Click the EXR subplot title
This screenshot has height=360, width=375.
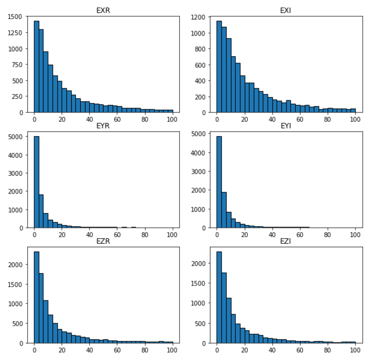103,10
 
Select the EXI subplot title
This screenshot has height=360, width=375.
286,10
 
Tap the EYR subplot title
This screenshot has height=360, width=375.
103,125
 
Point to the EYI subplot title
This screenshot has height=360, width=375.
286,125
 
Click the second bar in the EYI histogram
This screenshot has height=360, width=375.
224,210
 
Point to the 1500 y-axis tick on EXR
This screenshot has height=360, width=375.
14,16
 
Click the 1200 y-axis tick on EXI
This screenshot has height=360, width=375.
197,17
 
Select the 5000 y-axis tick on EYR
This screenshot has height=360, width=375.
14,138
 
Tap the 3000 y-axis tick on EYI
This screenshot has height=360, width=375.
197,171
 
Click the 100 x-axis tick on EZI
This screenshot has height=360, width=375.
355,351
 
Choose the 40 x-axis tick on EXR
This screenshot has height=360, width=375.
90,120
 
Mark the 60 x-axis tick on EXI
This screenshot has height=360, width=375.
300,120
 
